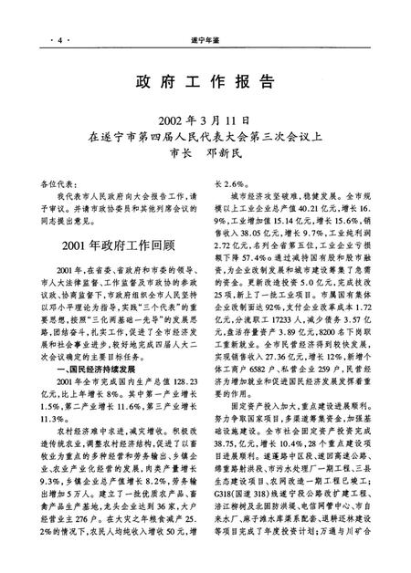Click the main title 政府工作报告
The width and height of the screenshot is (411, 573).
point(205,78)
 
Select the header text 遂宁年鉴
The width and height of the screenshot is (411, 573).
point(205,16)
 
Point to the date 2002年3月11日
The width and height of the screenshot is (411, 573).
point(205,120)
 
